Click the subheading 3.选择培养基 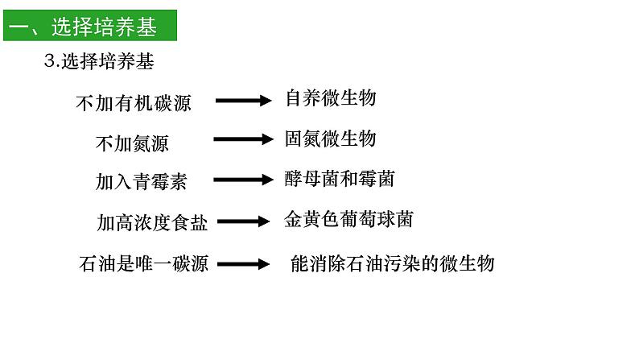coord(99,61)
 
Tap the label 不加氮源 coord(132,143)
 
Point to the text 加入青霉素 coord(141,182)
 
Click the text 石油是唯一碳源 coord(144,263)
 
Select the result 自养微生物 coord(330,98)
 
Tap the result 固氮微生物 coord(330,139)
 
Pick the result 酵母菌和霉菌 coord(339,178)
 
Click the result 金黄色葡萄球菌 coord(348,219)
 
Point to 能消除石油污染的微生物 coord(391,263)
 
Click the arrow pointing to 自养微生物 coord(243,101)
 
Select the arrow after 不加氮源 coord(243,139)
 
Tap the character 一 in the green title coord(18,28)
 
